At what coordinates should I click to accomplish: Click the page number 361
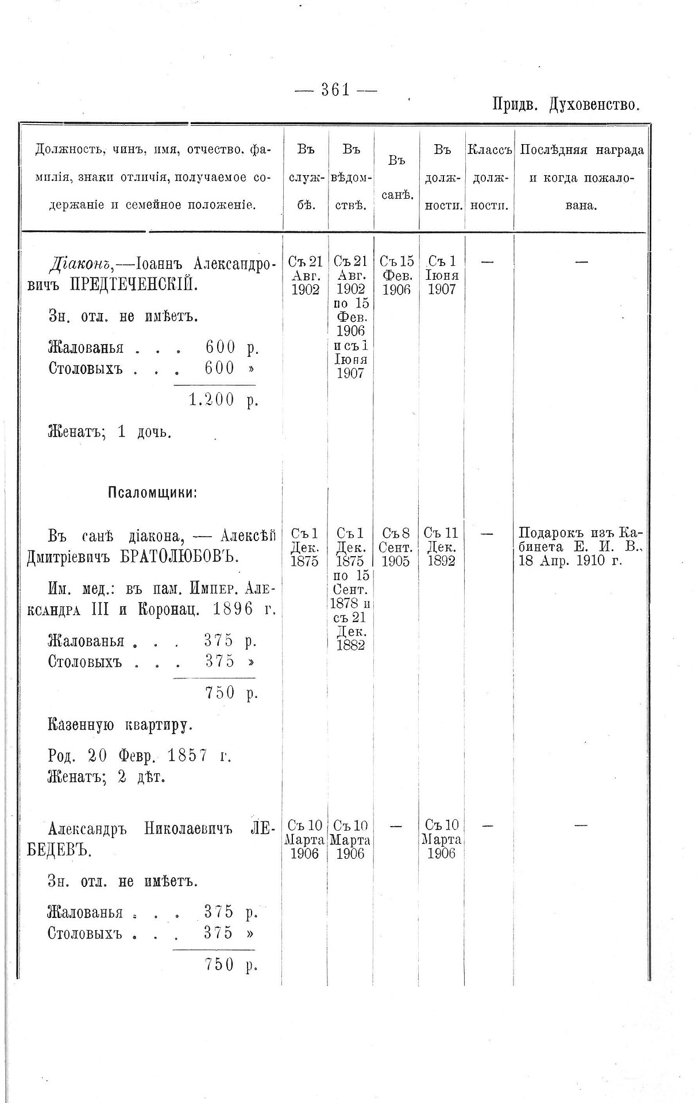coord(336,90)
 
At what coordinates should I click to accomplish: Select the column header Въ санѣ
coord(397,178)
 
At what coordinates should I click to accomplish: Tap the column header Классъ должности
coord(489,178)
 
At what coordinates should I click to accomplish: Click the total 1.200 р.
coord(223,400)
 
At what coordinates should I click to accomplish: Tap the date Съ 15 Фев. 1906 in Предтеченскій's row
coord(397,276)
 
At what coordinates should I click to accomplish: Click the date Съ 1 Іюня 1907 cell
coord(442,276)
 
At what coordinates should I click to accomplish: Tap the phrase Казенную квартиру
coord(121,726)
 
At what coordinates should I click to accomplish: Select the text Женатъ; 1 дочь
coord(110,432)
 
